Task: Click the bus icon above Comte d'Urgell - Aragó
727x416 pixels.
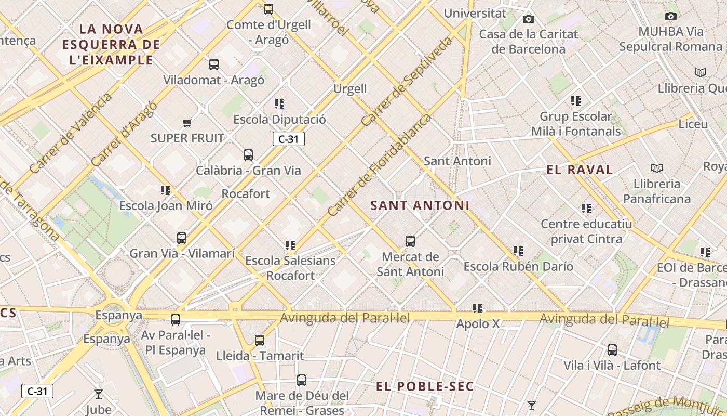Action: tap(268, 9)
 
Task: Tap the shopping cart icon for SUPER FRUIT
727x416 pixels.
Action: tap(187, 123)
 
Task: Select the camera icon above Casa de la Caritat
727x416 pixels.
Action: tap(529, 19)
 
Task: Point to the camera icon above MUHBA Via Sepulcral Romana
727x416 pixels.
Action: tap(671, 16)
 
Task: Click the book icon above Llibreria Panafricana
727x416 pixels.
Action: tap(657, 168)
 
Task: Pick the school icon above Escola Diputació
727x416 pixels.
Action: tap(279, 104)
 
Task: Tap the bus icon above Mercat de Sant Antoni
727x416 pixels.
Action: tap(410, 241)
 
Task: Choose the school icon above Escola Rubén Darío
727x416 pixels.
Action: tap(518, 251)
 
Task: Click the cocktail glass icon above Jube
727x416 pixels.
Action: tap(99, 394)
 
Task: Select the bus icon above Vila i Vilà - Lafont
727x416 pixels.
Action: tap(612, 350)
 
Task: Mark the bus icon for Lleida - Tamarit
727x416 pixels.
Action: tap(260, 341)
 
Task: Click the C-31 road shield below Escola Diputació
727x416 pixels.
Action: tap(288, 139)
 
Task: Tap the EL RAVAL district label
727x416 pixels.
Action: tap(580, 170)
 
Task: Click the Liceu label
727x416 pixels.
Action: tap(693, 124)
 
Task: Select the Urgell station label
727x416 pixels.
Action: tap(350, 89)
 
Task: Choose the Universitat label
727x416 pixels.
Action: tap(475, 13)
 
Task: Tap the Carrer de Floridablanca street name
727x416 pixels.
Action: tap(379, 165)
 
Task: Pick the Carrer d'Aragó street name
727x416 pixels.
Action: tap(124, 134)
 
